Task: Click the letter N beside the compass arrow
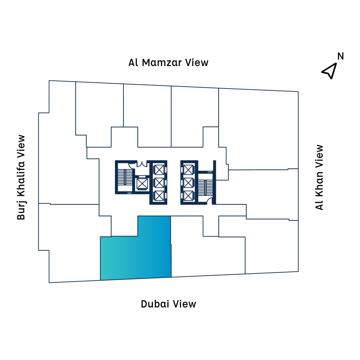(340, 56)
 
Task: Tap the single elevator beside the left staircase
(142, 183)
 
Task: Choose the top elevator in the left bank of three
(159, 170)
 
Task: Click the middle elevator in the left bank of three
(159, 182)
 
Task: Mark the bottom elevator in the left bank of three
(159, 195)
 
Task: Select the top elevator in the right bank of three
(189, 170)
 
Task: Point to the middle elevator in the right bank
(189, 182)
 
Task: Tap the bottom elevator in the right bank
(189, 195)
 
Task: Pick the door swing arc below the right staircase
(210, 201)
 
